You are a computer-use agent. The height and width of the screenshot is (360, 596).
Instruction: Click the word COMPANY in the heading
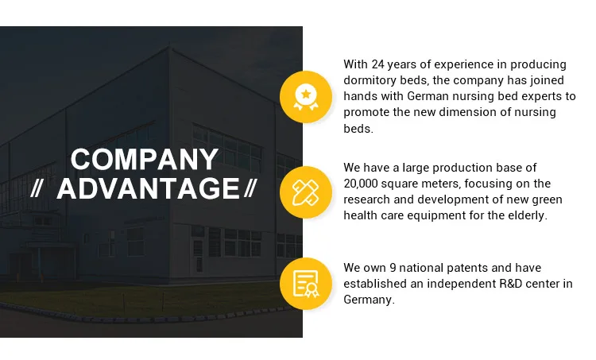145,159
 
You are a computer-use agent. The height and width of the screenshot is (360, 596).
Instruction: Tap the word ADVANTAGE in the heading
148,188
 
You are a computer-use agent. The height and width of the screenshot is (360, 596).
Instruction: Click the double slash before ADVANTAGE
36,188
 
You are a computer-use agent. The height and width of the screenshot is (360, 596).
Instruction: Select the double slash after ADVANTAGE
250,188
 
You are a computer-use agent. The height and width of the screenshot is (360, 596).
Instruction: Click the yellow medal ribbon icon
306,97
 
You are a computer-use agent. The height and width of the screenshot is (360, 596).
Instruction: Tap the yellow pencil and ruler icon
306,192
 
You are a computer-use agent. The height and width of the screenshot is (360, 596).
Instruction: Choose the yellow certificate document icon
306,284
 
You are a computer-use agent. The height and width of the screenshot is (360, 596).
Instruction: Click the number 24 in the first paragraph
377,64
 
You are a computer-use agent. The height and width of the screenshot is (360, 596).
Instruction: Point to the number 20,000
361,184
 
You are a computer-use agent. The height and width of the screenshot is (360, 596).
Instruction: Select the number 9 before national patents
393,268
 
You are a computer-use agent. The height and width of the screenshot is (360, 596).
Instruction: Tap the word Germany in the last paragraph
369,300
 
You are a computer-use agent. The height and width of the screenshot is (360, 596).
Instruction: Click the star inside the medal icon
306,94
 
